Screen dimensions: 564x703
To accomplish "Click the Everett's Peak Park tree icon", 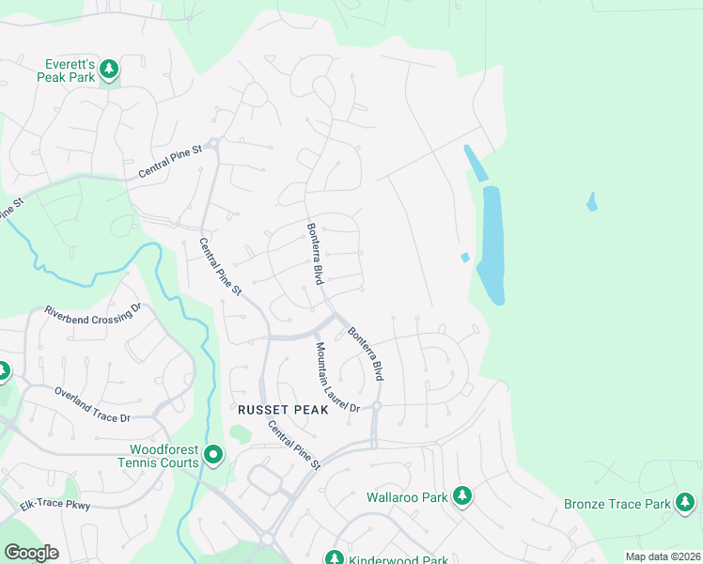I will [x=110, y=69].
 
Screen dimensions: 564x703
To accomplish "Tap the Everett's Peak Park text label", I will [x=67, y=70].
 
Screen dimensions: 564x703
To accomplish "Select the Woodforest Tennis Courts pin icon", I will [x=213, y=456].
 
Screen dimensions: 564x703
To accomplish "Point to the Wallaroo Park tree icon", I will [x=461, y=494].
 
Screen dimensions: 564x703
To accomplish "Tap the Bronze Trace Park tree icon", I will [x=686, y=504].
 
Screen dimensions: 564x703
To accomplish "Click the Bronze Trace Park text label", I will [x=617, y=504].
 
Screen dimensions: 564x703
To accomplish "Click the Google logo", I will [x=31, y=552].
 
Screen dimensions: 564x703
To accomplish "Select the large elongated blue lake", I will [x=492, y=244].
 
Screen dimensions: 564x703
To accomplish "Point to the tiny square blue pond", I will [x=464, y=258].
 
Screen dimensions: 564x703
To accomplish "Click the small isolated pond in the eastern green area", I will [x=591, y=201].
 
